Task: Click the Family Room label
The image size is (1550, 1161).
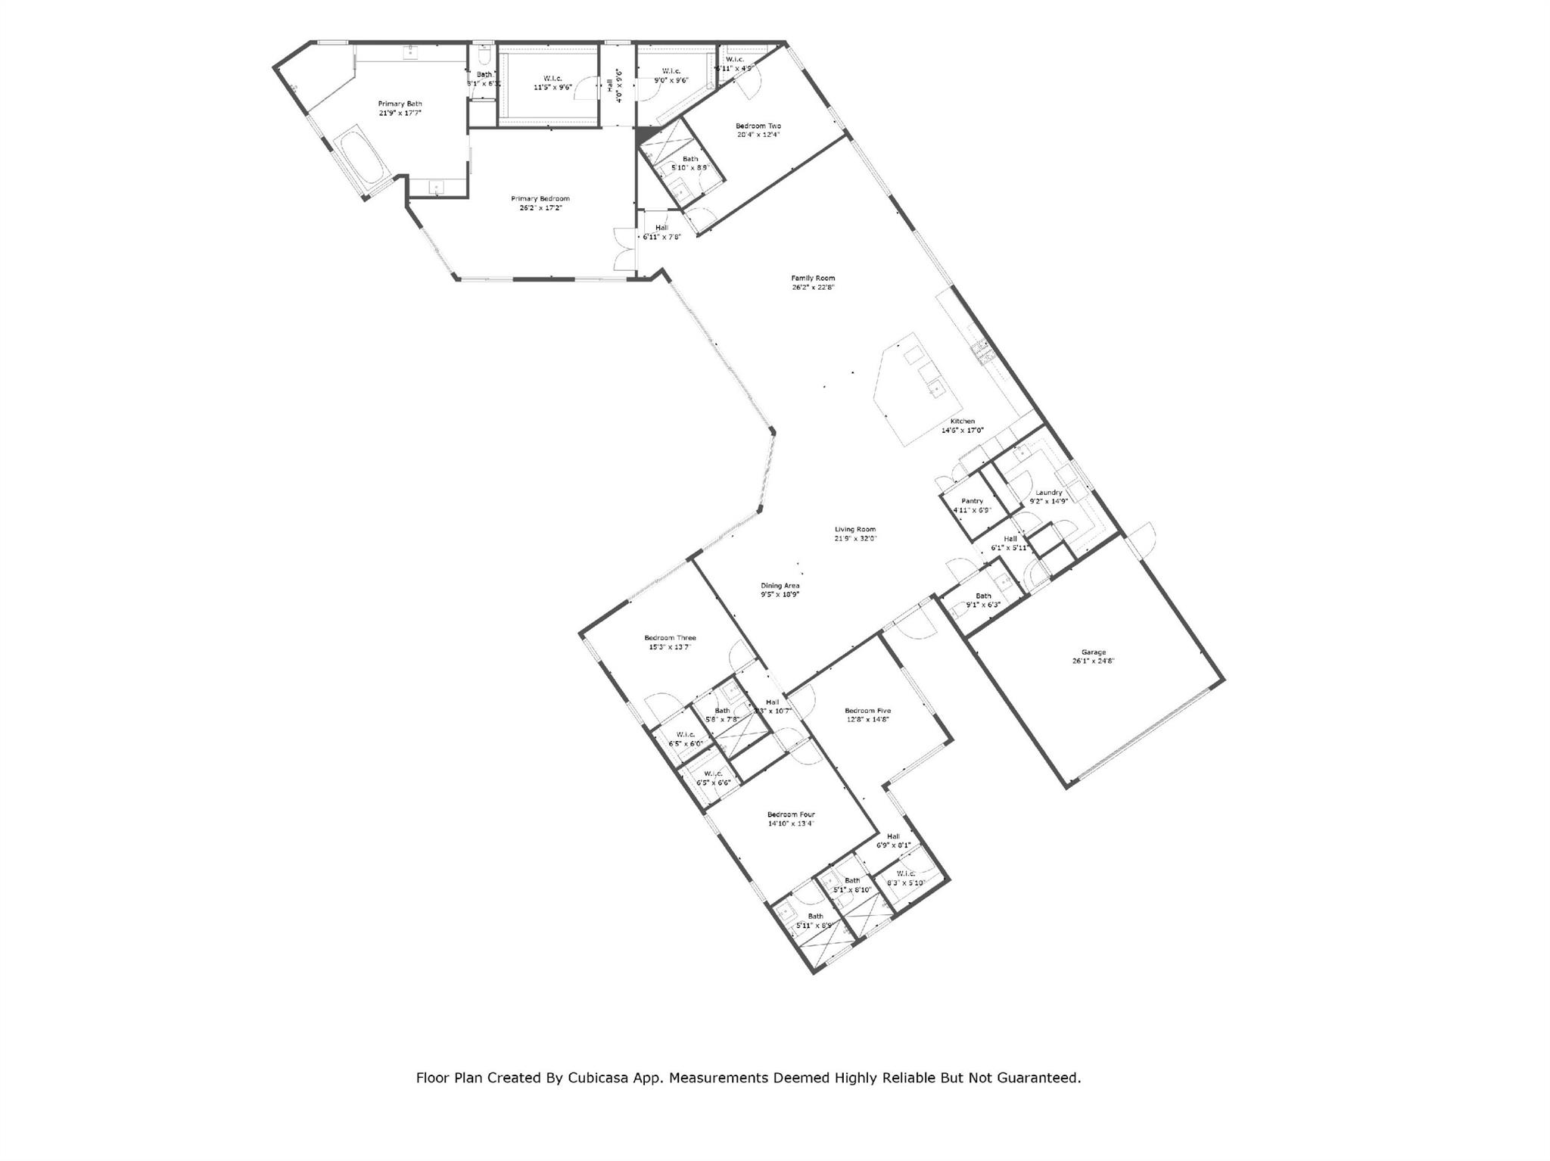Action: pos(813,278)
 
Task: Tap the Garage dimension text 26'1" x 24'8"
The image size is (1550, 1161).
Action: pos(1093,661)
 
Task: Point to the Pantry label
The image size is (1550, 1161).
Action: pos(972,501)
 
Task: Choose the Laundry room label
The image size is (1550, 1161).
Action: pos(1049,492)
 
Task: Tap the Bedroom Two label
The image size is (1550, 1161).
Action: pos(758,126)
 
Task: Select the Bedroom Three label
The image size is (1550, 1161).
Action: pos(670,637)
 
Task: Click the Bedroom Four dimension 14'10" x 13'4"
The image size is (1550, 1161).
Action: pos(791,823)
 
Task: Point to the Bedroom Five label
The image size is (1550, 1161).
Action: pos(867,711)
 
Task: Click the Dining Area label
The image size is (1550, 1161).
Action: pos(780,585)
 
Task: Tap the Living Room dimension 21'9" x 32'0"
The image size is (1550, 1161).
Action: pos(855,538)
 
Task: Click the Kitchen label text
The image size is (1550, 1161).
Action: pos(963,422)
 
